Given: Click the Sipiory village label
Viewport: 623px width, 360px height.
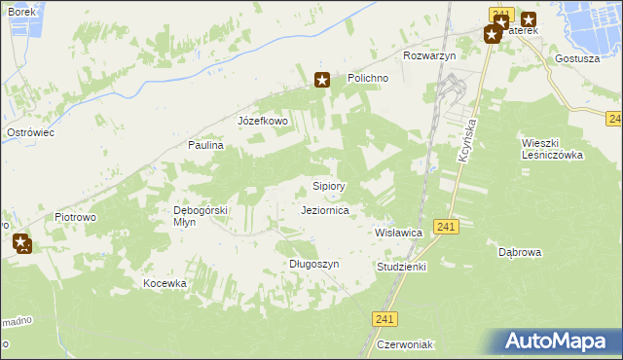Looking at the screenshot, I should pyautogui.click(x=329, y=185).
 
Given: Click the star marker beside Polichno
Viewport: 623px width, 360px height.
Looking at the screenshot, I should pyautogui.click(x=322, y=81).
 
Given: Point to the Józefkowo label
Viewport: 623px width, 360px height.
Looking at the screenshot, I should pyautogui.click(x=263, y=122).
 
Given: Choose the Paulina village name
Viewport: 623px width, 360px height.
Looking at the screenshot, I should pyautogui.click(x=206, y=145).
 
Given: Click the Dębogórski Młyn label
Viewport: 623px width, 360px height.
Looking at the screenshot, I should pyautogui.click(x=200, y=215).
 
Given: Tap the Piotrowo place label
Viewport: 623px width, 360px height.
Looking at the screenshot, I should pyautogui.click(x=75, y=217).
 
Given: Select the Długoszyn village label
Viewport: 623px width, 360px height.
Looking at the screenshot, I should pyautogui.click(x=313, y=264).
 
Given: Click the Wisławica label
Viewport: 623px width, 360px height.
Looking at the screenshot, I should pyautogui.click(x=398, y=234).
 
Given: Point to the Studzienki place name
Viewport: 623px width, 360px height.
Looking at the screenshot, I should pyautogui.click(x=401, y=266).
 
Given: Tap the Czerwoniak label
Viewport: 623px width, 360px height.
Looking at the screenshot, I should pyautogui.click(x=406, y=345).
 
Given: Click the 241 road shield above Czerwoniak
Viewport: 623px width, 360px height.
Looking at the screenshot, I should pyautogui.click(x=385, y=318).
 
